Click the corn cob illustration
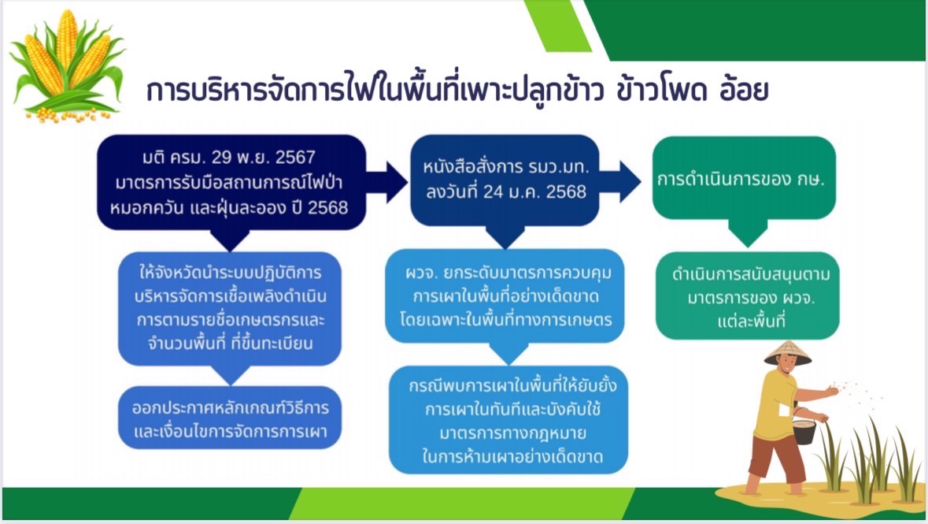click(x=68, y=65)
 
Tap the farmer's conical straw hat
click(x=787, y=353)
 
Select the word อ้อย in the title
click(x=744, y=90)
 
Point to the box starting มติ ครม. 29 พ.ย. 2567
click(x=231, y=182)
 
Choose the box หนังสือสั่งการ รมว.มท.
click(x=505, y=180)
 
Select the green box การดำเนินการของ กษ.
click(x=744, y=178)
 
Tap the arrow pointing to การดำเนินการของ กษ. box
click(x=620, y=180)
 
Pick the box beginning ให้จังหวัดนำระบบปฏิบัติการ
click(x=230, y=308)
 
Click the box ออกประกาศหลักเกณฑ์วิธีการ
click(x=230, y=418)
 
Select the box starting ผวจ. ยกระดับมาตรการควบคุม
click(x=505, y=296)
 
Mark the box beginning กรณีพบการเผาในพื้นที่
click(x=508, y=420)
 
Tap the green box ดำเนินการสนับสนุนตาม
click(x=748, y=296)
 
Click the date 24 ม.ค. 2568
click(x=534, y=192)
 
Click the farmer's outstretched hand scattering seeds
click(x=833, y=391)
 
